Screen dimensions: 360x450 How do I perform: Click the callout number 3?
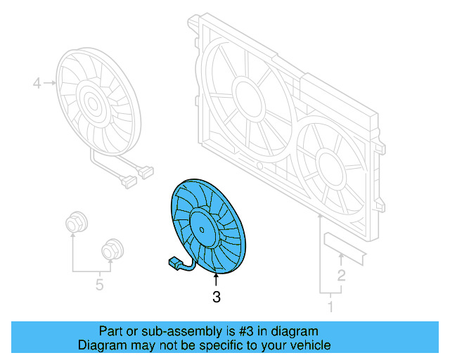[x=216, y=298]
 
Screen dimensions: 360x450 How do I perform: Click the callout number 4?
[x=37, y=84]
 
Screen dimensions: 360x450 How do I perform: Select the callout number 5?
[x=99, y=285]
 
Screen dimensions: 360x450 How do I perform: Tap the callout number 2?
[x=341, y=275]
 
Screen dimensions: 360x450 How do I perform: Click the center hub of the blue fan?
[x=202, y=224]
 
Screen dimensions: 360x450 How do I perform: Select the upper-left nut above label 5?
[x=73, y=224]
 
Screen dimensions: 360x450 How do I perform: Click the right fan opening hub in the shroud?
[x=328, y=164]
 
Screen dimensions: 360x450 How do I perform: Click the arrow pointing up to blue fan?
[x=216, y=281]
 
